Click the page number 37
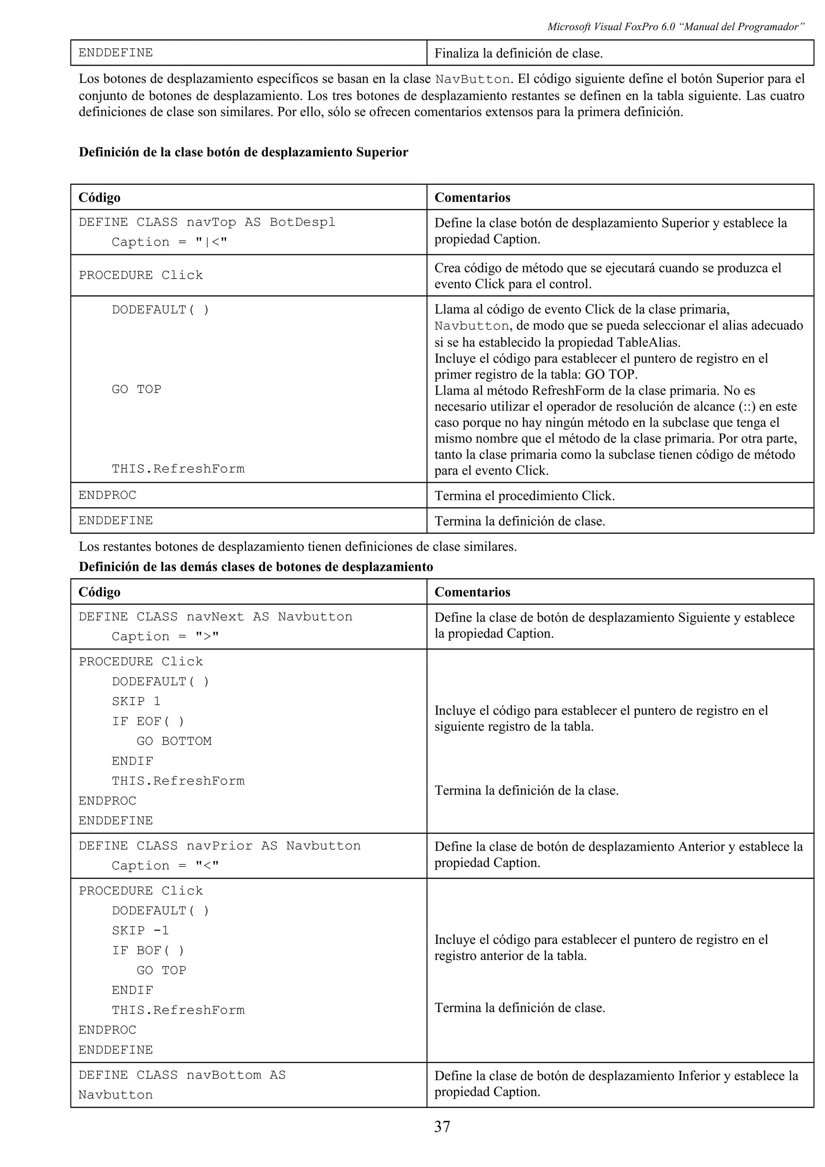[442, 1127]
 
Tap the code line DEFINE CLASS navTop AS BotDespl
[207, 222]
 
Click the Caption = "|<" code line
[169, 242]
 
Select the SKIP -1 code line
[140, 930]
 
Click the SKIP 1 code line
[136, 701]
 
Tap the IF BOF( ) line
[148, 950]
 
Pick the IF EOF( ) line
[148, 721]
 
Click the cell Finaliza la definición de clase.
[518, 54]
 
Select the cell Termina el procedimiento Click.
[524, 496]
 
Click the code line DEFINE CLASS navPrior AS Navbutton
[219, 846]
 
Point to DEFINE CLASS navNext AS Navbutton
[215, 617]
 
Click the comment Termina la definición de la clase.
[526, 790]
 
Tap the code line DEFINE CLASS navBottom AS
[182, 1075]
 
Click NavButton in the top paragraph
[473, 79]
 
